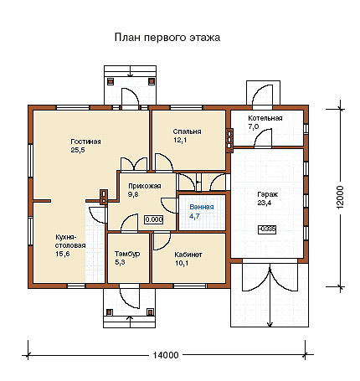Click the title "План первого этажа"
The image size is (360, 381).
coord(167,38)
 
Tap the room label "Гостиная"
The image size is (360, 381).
coord(85,142)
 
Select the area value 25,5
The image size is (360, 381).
coord(78,150)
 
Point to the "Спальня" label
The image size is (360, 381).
coord(187,131)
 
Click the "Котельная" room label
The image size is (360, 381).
coord(265,118)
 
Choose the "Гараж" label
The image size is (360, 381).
coord(268,194)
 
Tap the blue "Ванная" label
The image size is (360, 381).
coord(202,207)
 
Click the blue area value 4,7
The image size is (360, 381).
coord(194,216)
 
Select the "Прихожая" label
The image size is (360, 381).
coord(145,186)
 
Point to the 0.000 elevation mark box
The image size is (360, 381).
coord(154,219)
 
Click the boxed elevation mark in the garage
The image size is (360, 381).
coord(267,229)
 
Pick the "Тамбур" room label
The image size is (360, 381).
coord(127,254)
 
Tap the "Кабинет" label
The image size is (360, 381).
coord(188,255)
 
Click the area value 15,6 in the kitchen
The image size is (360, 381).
coord(63,254)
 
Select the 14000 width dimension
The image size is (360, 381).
coord(166,355)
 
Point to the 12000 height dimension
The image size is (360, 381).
coord(340,198)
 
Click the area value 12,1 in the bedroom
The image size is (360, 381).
coord(180,140)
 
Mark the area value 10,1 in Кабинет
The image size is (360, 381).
coord(182,263)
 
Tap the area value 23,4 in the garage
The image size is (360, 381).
coord(265,203)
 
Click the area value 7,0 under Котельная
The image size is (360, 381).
coord(254,126)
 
